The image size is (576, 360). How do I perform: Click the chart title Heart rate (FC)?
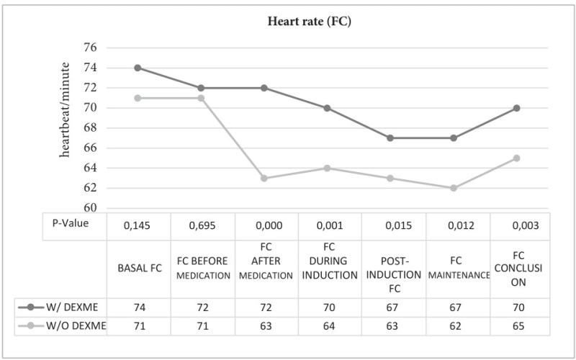(308, 22)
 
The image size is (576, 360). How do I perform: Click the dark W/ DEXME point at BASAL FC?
(138, 68)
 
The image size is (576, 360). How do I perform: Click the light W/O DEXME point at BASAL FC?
(138, 98)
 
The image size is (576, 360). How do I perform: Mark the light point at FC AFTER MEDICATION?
(264, 178)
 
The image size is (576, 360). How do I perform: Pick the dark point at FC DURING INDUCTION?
(327, 108)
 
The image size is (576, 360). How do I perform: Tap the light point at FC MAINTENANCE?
(454, 188)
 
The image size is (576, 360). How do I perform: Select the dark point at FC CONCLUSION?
(517, 108)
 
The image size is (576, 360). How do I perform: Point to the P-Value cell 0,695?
(201, 225)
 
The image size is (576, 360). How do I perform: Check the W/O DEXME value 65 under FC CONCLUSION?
(517, 326)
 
